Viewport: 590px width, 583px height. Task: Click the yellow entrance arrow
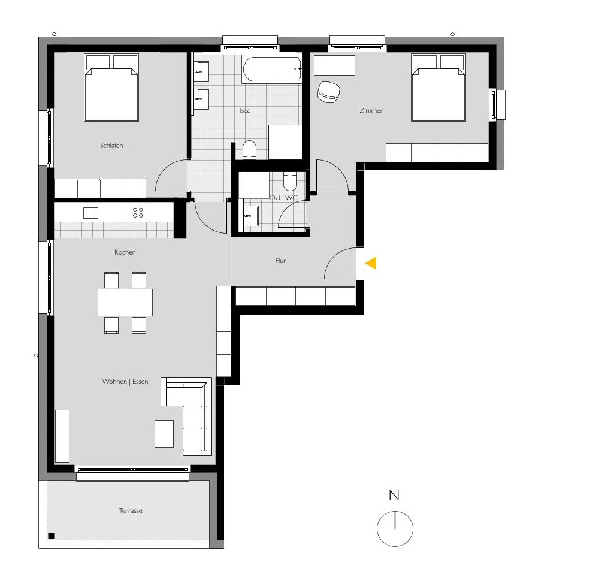click(371, 263)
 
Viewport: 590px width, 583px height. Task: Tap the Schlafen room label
click(111, 146)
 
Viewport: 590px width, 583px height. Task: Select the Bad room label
click(245, 111)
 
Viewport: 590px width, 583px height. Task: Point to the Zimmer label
click(371, 111)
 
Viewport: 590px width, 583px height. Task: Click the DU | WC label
click(283, 198)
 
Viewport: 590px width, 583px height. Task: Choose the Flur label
click(280, 261)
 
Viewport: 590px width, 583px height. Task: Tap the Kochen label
click(125, 252)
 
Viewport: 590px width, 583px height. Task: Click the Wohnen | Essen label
click(125, 382)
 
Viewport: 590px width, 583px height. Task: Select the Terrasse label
click(131, 511)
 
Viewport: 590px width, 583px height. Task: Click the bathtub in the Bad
click(272, 70)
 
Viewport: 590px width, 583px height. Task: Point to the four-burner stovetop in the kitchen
click(138, 212)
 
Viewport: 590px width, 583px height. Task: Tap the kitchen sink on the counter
click(90, 213)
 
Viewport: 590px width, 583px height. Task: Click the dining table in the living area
click(125, 303)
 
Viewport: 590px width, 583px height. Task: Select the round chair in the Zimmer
click(328, 92)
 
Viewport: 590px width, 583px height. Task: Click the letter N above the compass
click(394, 496)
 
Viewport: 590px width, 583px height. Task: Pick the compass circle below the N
click(395, 529)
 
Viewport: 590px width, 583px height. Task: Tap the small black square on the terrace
click(52, 536)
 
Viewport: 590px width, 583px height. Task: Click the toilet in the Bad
click(249, 149)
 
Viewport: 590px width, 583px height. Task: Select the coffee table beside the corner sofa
click(164, 433)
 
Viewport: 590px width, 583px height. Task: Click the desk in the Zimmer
click(334, 65)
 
